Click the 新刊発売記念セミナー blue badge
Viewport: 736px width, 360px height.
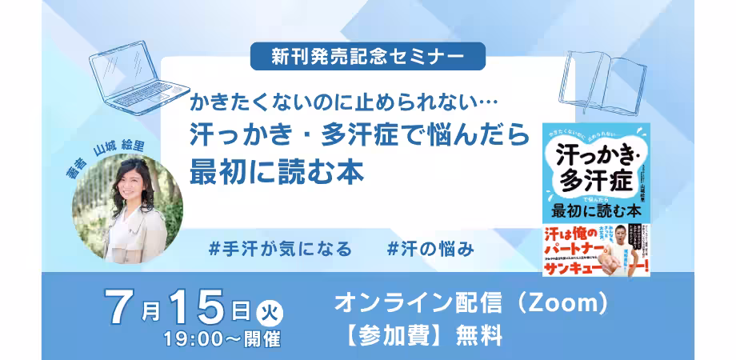point(367,56)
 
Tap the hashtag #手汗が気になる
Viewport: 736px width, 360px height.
point(279,248)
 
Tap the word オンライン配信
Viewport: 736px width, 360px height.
point(408,304)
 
